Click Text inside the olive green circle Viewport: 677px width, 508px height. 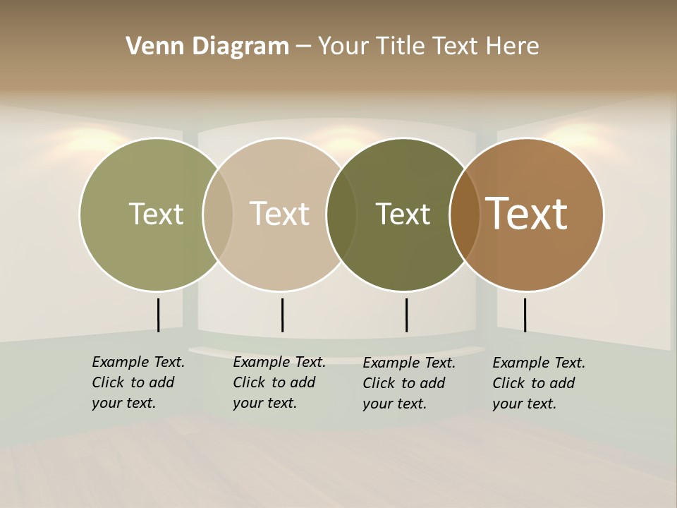[156, 214]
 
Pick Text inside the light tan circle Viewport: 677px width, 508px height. [279, 214]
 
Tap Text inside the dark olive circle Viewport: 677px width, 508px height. [403, 214]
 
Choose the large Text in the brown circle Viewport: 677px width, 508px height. [527, 214]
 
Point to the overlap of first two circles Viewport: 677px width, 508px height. [218, 214]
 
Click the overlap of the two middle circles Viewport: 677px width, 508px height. [341, 214]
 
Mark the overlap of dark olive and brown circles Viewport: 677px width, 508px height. [465, 214]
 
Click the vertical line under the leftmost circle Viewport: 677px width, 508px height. [159, 315]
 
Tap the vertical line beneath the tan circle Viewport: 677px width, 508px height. [282, 315]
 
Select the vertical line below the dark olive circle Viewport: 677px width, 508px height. [406, 315]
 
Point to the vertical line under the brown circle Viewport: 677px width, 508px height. [525, 315]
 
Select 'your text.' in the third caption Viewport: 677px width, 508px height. [394, 404]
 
